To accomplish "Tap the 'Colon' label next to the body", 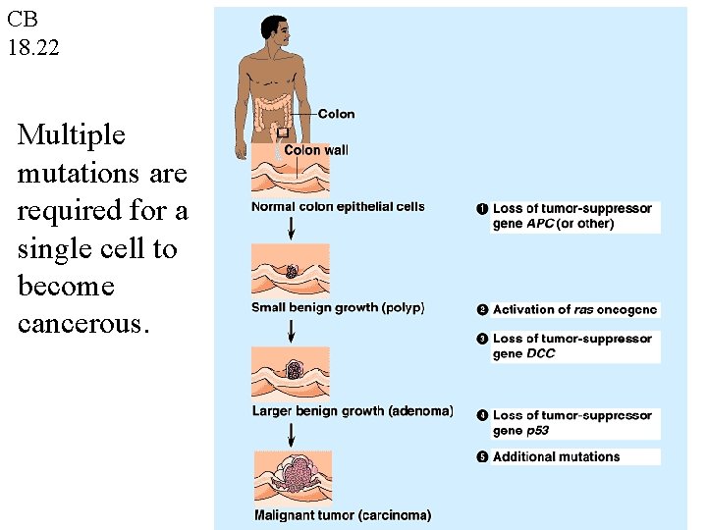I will tap(336, 115).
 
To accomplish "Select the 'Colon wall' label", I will tap(315, 150).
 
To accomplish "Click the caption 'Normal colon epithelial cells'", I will tap(338, 207).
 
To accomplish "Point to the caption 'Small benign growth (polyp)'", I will tap(338, 308).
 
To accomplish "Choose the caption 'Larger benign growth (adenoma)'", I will tap(353, 410).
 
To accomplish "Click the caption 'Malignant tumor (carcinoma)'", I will tap(342, 514).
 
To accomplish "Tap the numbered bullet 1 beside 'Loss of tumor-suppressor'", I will tap(482, 209).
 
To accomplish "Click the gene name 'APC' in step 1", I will tap(540, 224).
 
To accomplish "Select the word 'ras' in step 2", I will tap(583, 310).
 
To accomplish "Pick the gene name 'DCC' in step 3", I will tap(540, 353).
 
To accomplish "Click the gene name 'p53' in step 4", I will tap(537, 431).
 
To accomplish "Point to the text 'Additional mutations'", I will tap(556, 456).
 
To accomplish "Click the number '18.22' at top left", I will tap(33, 46).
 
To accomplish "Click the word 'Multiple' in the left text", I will tap(71, 134).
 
